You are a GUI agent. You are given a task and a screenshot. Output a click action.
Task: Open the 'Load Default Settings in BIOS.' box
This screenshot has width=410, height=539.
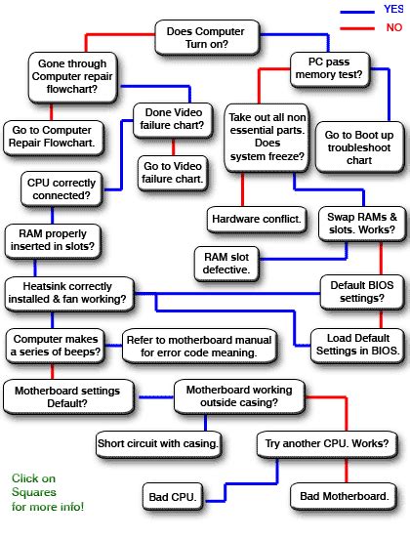351,343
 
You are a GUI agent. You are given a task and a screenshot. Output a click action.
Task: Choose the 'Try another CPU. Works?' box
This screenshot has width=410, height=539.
317,444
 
